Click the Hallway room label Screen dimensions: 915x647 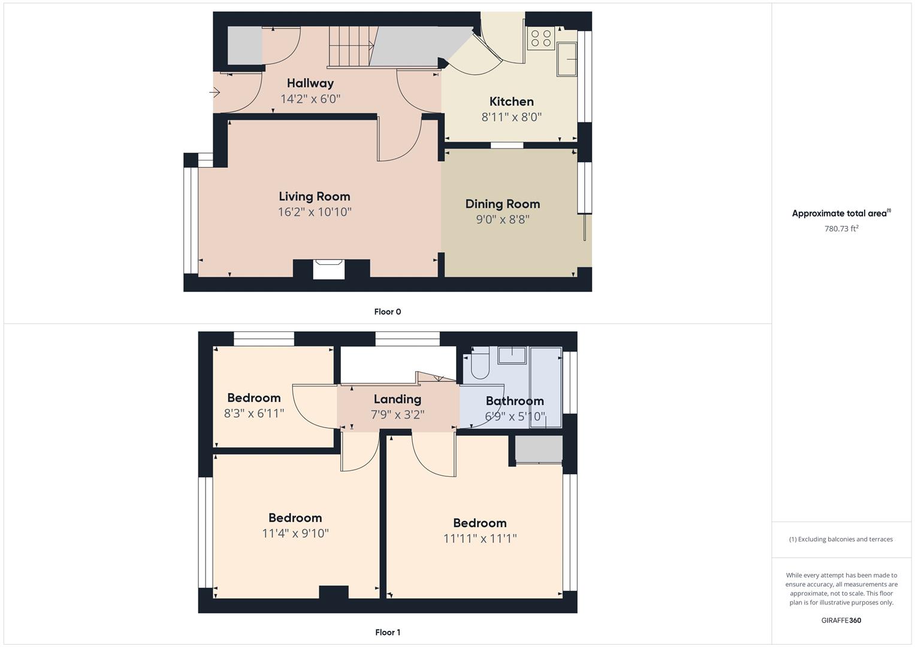click(x=310, y=83)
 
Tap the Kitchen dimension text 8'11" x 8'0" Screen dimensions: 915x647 click(x=511, y=117)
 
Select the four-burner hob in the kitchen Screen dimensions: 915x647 click(x=541, y=38)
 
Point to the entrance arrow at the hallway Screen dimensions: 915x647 click(x=215, y=92)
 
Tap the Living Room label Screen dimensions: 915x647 click(x=315, y=196)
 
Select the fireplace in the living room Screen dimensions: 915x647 click(x=329, y=269)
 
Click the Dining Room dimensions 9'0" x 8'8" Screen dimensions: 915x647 click(x=502, y=219)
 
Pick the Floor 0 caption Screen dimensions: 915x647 click(x=388, y=312)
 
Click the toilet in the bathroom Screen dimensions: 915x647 click(x=480, y=363)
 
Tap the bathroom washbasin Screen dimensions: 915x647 click(x=512, y=355)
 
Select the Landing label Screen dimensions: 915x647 click(x=397, y=399)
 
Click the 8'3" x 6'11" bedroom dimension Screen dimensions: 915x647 click(x=254, y=413)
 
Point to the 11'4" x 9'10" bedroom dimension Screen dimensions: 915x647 click(x=295, y=533)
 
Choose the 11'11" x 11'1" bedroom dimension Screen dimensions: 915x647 click(x=480, y=539)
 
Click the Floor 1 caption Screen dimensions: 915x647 click(x=388, y=632)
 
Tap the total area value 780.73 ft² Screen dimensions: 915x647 click(x=841, y=228)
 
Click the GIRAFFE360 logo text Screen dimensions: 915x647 click(x=841, y=620)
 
